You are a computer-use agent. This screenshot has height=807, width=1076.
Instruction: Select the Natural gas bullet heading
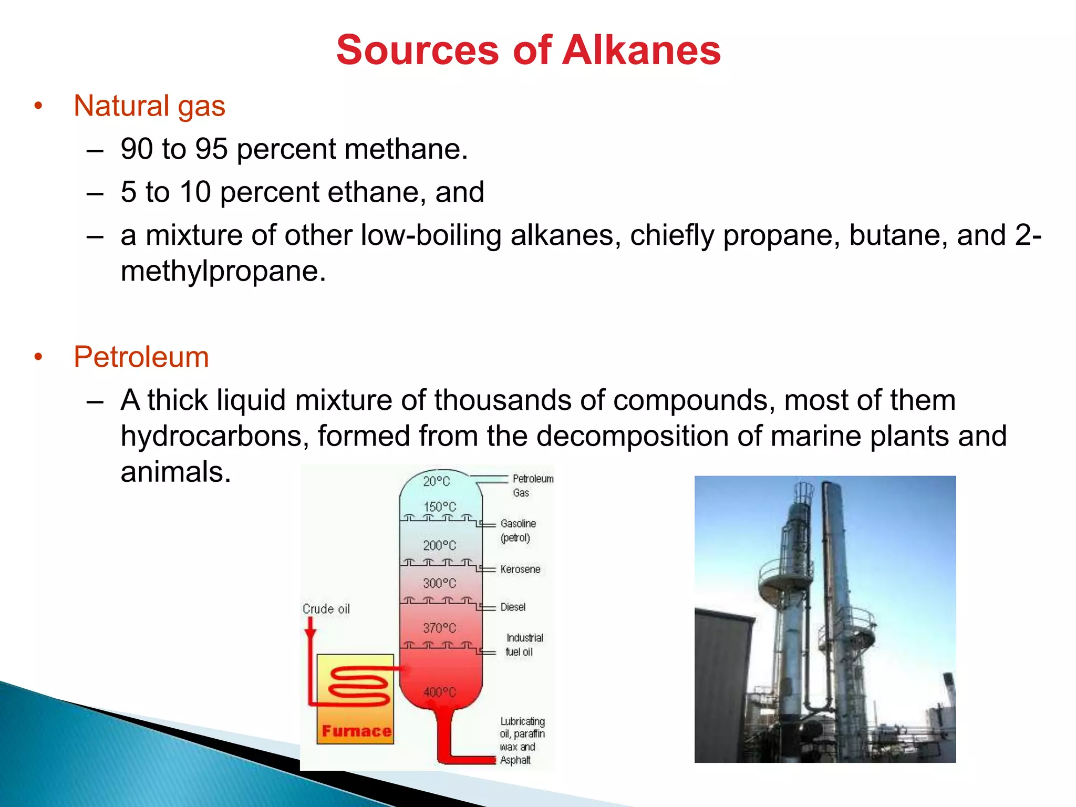click(x=149, y=106)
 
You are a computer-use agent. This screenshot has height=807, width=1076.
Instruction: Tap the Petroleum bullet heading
click(x=141, y=357)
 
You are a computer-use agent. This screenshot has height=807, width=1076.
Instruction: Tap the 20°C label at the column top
click(x=437, y=481)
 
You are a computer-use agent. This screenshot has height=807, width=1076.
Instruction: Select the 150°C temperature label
click(x=440, y=507)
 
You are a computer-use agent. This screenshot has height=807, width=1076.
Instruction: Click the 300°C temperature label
click(x=440, y=583)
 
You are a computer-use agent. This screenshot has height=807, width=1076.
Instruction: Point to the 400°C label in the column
click(x=440, y=692)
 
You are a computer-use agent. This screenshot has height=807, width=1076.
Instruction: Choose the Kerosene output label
click(x=520, y=570)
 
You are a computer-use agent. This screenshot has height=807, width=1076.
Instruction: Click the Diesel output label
click(x=513, y=607)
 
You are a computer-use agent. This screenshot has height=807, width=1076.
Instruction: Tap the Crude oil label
click(x=326, y=609)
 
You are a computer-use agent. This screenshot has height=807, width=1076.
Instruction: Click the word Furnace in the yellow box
click(x=356, y=731)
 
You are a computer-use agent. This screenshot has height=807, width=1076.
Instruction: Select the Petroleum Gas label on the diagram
click(x=532, y=485)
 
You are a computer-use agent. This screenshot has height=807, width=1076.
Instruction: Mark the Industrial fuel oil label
click(x=523, y=645)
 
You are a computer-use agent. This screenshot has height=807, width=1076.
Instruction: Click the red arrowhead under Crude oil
click(x=311, y=631)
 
